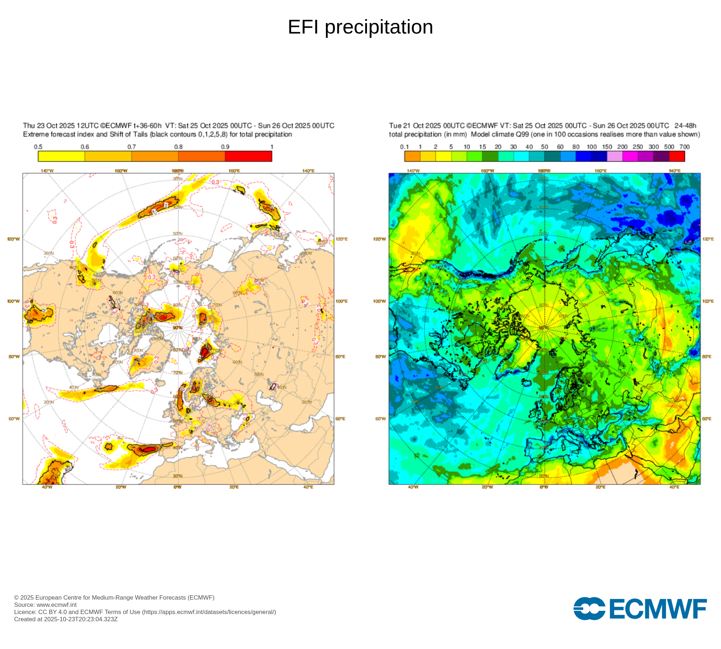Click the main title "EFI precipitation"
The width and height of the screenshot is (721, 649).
click(x=360, y=27)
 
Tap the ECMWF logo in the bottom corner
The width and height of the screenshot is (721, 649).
click(x=640, y=609)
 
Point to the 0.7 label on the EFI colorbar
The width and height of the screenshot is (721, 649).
click(x=132, y=147)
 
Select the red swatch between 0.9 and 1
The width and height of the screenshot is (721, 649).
click(x=248, y=156)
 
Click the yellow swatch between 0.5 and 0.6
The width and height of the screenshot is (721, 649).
click(x=61, y=156)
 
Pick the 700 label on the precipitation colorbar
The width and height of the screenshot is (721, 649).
click(x=684, y=147)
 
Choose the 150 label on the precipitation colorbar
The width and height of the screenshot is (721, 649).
click(x=607, y=147)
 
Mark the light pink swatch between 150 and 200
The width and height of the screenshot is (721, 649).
click(x=615, y=156)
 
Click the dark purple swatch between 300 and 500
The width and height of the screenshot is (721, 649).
click(x=661, y=156)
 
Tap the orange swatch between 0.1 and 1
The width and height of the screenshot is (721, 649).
click(x=412, y=156)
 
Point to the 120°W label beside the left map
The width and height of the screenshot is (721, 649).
click(x=14, y=239)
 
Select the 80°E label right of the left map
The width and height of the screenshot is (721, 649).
click(x=340, y=357)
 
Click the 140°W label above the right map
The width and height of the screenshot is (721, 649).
click(x=413, y=171)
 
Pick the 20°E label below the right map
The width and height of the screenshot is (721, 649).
click(x=600, y=487)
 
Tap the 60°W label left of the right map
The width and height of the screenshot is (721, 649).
click(x=380, y=419)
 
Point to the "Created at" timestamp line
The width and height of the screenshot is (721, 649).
click(x=66, y=619)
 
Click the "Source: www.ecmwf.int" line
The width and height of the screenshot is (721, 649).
click(x=45, y=605)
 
